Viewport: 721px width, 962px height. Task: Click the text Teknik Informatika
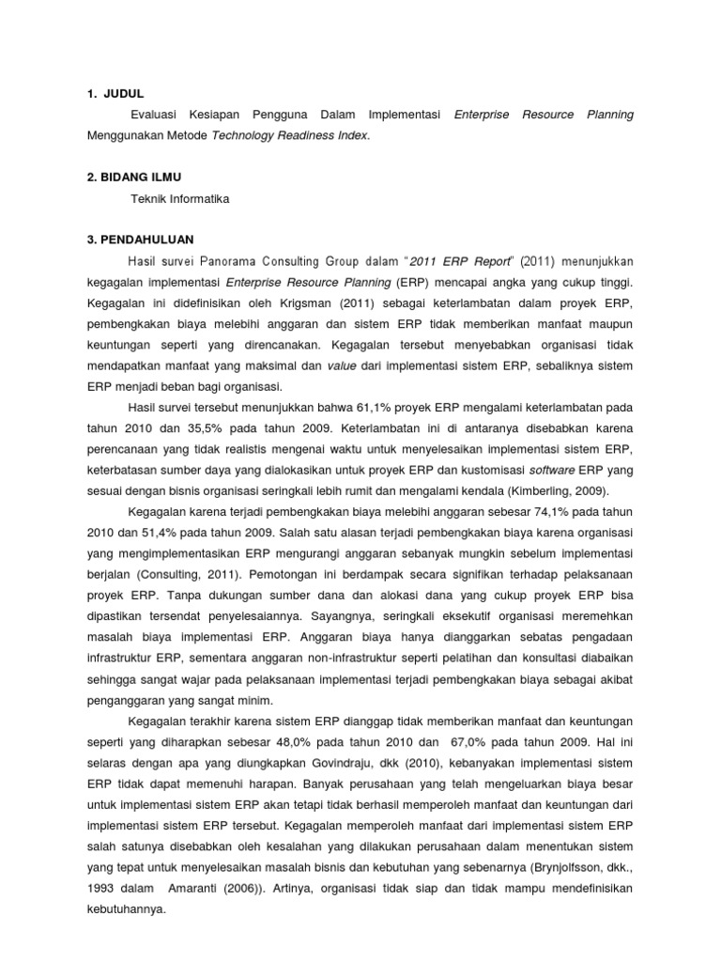point(180,199)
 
